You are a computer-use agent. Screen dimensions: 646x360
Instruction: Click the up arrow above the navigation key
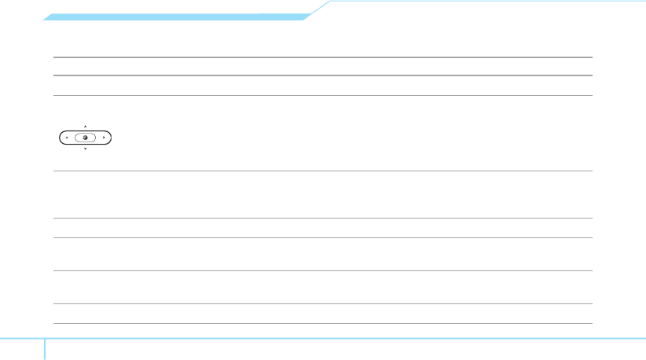coord(85,126)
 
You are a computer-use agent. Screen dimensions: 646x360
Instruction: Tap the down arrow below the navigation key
coord(85,149)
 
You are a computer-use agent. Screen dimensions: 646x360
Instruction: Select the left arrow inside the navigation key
coord(67,138)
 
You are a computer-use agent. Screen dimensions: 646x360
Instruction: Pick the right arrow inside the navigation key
coord(104,138)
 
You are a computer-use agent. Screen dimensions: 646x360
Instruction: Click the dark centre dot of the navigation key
coord(85,138)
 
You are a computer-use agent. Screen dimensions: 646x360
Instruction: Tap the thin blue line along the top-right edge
coord(487,2)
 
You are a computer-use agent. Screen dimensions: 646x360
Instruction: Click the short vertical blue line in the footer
coord(45,349)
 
